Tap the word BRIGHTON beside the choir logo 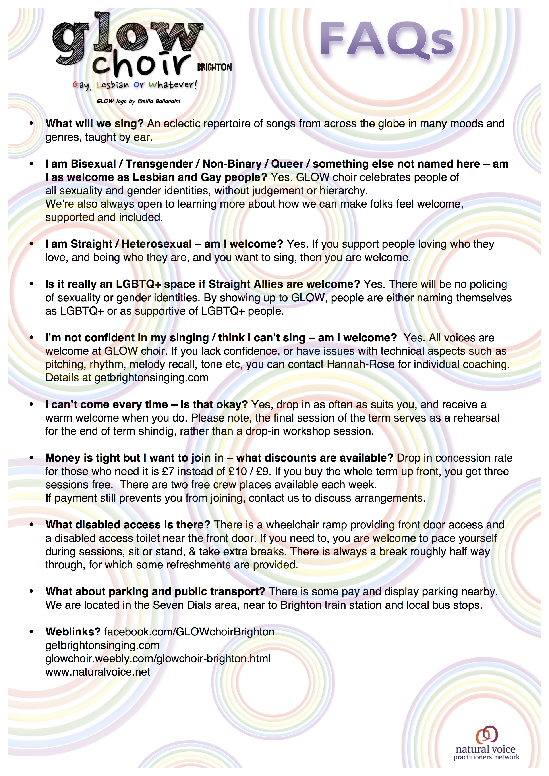(214, 67)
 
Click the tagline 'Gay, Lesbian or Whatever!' (135, 85)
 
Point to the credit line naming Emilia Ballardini (138, 101)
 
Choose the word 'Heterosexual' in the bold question (157, 244)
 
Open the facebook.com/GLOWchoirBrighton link (189, 632)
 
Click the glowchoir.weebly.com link (158, 658)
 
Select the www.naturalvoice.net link (98, 672)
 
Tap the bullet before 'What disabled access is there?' (31, 525)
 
